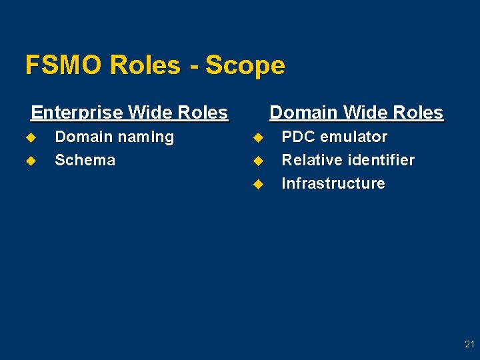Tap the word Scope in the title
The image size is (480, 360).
coord(245,65)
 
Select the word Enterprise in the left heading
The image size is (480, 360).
coord(77,113)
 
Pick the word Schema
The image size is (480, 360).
coord(85,160)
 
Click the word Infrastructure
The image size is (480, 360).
coord(333,183)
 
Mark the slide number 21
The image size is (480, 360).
coord(469,345)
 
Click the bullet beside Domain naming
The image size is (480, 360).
coord(29,137)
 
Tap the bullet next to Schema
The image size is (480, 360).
coord(29,161)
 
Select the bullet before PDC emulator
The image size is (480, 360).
coord(257,137)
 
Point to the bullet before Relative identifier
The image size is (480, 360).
coord(257,161)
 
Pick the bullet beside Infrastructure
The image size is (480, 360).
coord(257,184)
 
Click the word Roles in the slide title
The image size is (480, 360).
coord(145,65)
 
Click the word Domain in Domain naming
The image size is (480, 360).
coord(82,137)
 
